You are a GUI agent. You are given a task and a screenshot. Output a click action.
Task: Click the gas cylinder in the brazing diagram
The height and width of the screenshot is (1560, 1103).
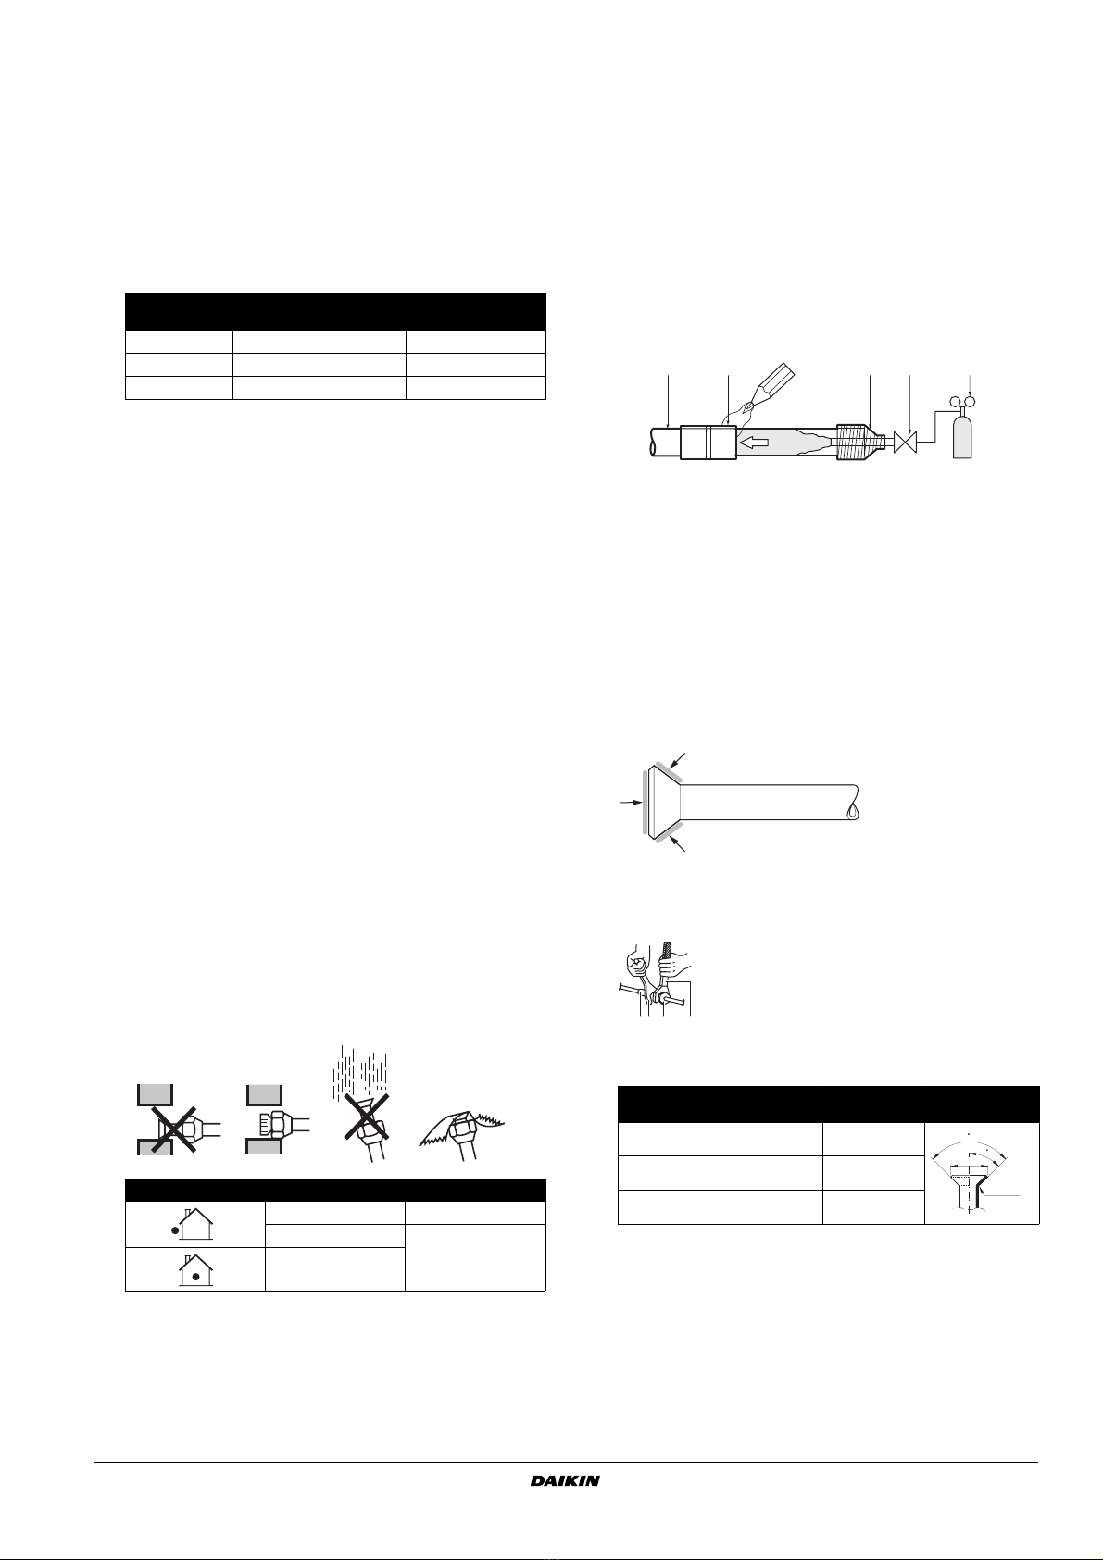pyautogui.click(x=962, y=431)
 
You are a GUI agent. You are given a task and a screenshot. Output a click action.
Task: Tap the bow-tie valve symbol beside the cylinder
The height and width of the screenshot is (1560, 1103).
pyautogui.click(x=905, y=442)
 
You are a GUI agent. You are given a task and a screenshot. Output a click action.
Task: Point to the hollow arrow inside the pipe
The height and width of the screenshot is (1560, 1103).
pyautogui.click(x=754, y=442)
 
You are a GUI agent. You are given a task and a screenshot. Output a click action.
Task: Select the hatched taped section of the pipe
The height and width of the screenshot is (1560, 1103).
pyautogui.click(x=853, y=442)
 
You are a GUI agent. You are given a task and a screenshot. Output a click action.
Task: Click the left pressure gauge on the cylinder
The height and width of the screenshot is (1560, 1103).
pyautogui.click(x=956, y=401)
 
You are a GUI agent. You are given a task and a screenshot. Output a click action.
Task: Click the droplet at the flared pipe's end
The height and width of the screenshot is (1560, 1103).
pyautogui.click(x=851, y=810)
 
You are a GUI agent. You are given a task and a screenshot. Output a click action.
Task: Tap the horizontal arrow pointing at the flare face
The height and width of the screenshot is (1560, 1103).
pyautogui.click(x=632, y=803)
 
